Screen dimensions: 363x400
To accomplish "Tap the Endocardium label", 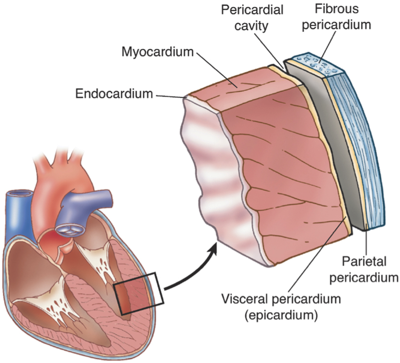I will pos(114,93).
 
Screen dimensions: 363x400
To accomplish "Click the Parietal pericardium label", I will pos(370,269).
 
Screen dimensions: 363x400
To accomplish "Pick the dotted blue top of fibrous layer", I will pos(315,63).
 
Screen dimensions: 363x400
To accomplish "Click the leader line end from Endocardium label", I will pos(186,97).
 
